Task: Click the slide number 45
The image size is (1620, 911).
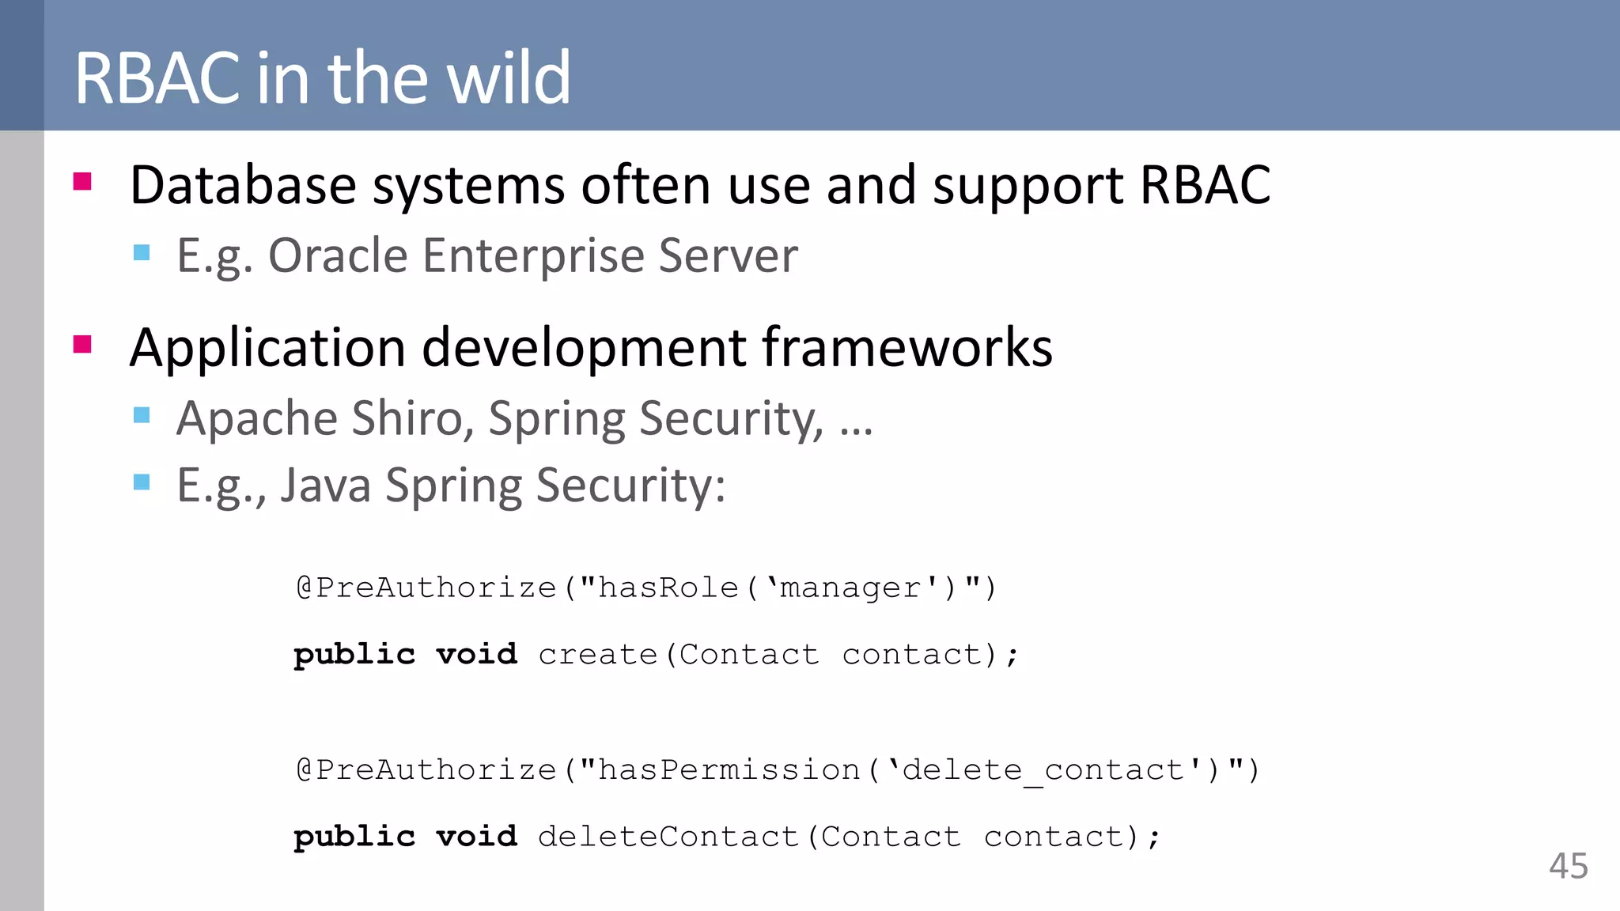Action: (1568, 866)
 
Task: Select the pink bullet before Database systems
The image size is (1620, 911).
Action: (82, 183)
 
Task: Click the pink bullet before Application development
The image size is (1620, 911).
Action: (82, 345)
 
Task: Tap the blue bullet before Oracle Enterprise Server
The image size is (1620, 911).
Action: (142, 253)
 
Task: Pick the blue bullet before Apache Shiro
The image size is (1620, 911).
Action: (142, 415)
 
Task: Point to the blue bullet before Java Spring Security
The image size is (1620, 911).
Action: (142, 482)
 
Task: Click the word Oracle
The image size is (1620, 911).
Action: (338, 256)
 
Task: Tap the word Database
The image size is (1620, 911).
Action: (243, 186)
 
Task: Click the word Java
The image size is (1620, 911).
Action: (325, 486)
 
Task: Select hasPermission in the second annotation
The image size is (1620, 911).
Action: (729, 770)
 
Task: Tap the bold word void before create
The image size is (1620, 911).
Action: (476, 655)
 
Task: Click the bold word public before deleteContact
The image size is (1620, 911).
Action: (354, 837)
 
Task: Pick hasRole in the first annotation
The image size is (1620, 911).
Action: (668, 588)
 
